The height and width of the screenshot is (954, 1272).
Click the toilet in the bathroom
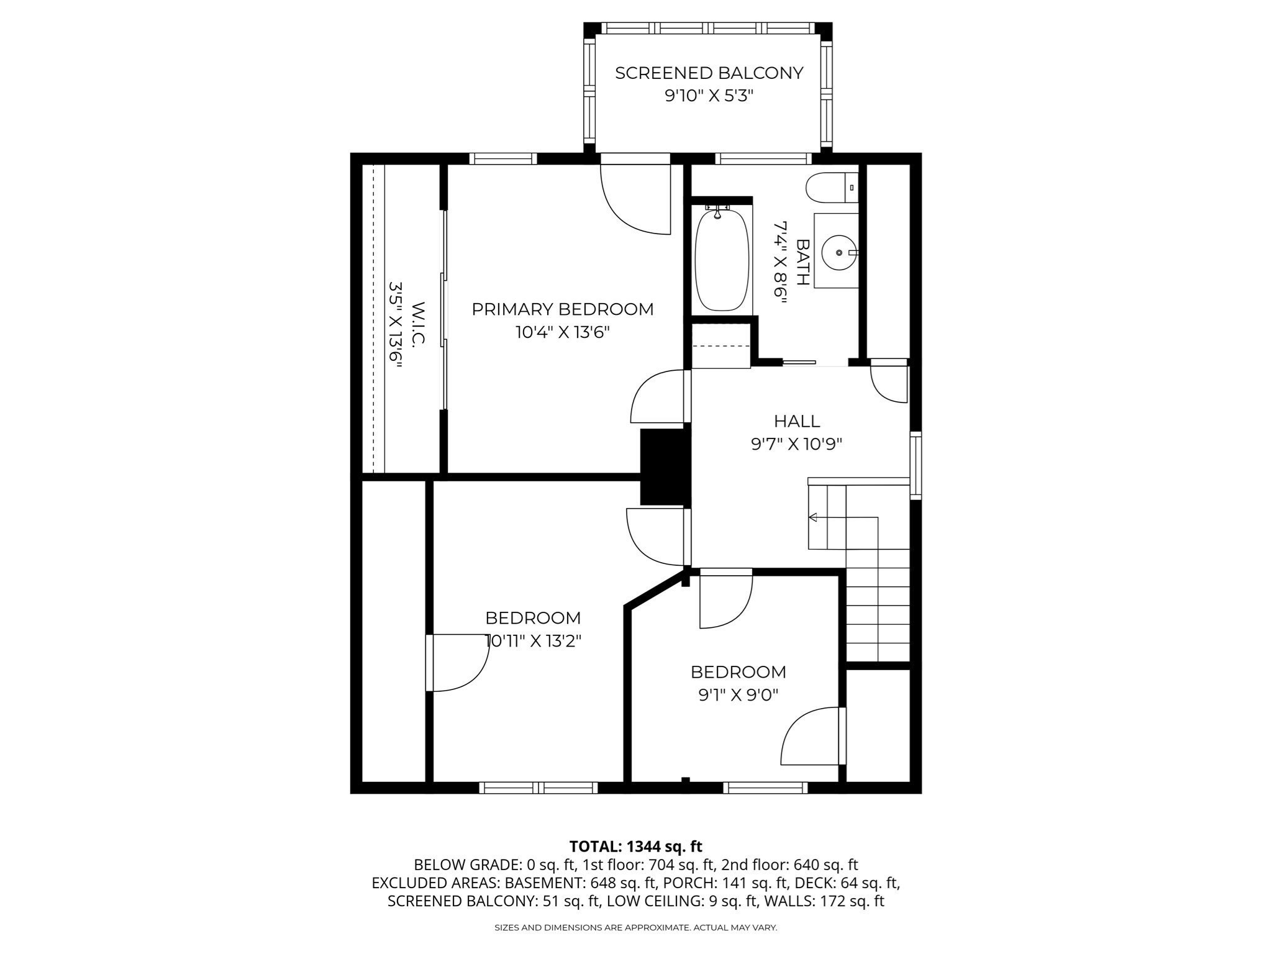coord(830,188)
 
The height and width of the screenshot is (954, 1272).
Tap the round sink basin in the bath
coord(838,253)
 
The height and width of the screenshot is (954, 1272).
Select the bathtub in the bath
coord(722,260)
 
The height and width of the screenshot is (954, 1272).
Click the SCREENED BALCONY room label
coord(709,73)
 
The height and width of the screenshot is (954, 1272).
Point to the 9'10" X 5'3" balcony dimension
coord(709,96)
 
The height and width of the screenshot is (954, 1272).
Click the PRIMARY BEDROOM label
coord(562,309)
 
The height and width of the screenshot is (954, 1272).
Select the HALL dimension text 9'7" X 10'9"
coord(796,444)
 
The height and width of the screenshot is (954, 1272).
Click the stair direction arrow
coord(813,517)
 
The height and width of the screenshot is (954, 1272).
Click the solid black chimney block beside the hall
coord(665,466)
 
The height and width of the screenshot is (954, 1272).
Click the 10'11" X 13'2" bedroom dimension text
coord(533,641)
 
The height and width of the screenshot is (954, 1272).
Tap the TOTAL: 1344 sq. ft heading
coord(635,847)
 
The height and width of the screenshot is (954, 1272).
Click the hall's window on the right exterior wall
coord(915,465)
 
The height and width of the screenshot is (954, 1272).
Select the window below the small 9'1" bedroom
coord(765,788)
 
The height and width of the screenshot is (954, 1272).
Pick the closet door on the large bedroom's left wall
coord(457,663)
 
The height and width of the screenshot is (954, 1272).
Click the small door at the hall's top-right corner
coord(889,382)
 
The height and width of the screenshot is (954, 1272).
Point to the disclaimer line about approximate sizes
coord(635,928)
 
